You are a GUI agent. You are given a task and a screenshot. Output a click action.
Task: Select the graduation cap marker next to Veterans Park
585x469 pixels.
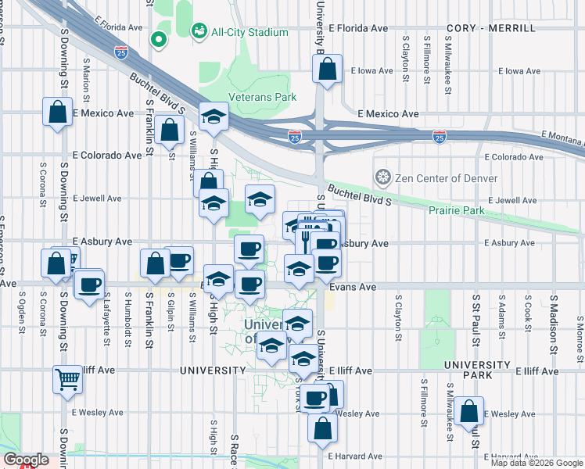point(211,117)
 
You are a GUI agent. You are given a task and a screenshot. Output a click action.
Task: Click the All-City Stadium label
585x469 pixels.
point(239,32)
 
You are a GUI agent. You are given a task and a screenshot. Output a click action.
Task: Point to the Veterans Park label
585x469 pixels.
point(262,98)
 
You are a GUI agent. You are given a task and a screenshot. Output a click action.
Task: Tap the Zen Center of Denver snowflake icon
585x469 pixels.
point(382,177)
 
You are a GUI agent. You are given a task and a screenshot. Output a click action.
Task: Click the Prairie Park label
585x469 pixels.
point(456,210)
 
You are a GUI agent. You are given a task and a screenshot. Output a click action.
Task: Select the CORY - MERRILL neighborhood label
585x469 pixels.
point(491,28)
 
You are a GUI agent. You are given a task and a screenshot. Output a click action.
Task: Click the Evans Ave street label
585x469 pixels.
point(352,288)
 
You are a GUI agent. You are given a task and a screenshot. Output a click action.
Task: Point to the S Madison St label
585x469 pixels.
point(553,318)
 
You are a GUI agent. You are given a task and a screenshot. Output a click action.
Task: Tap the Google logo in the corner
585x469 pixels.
point(26,459)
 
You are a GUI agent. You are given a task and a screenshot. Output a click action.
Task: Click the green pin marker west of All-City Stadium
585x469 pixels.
point(159,38)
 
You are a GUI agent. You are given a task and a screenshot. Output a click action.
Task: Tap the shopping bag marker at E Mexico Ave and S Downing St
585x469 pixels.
point(57,112)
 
